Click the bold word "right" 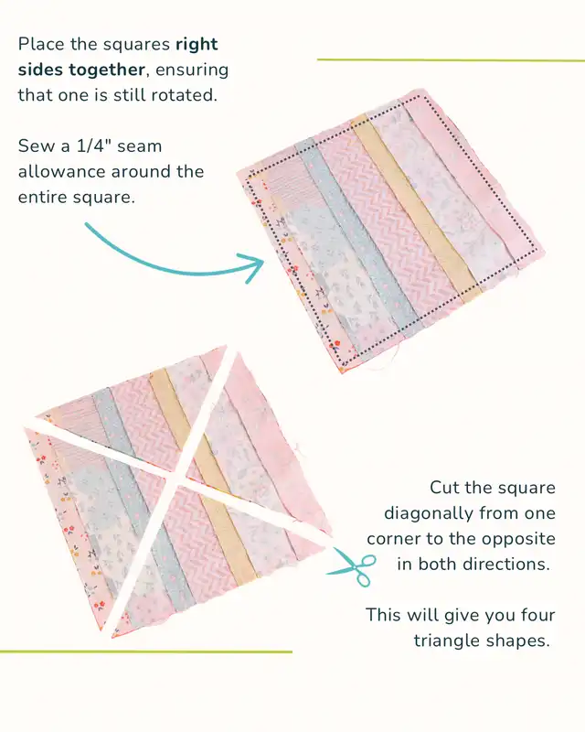click(197, 45)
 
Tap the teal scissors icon click(352, 566)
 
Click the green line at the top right click(451, 60)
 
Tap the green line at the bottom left click(146, 651)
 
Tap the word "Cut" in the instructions click(446, 488)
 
